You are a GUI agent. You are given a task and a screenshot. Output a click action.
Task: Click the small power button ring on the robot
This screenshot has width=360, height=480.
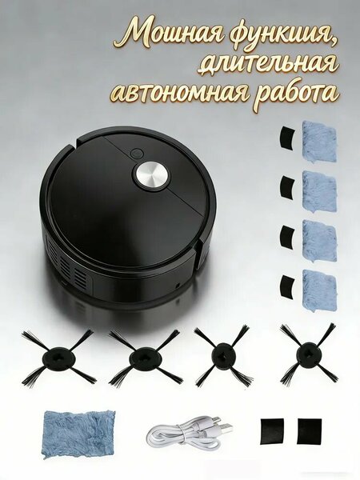(x=136, y=153)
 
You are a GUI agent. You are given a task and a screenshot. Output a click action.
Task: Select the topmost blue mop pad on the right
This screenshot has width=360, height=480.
(x=319, y=141)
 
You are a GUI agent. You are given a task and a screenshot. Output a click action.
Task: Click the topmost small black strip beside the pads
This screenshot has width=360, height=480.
(x=287, y=138)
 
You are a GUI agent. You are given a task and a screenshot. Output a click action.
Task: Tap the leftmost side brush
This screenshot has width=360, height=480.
(x=58, y=357)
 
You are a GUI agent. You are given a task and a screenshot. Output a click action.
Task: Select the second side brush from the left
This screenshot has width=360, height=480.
(x=143, y=358)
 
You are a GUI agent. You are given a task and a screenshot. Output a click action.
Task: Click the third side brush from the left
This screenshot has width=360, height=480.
(x=222, y=356)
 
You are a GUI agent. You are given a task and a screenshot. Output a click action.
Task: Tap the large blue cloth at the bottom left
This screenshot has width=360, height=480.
(x=79, y=431)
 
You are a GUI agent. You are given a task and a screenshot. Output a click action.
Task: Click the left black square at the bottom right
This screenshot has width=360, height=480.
(x=272, y=431)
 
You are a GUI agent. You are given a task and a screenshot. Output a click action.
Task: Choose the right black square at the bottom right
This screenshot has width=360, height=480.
(x=310, y=431)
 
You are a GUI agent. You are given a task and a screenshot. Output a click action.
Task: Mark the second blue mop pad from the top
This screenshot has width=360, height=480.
(x=319, y=191)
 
